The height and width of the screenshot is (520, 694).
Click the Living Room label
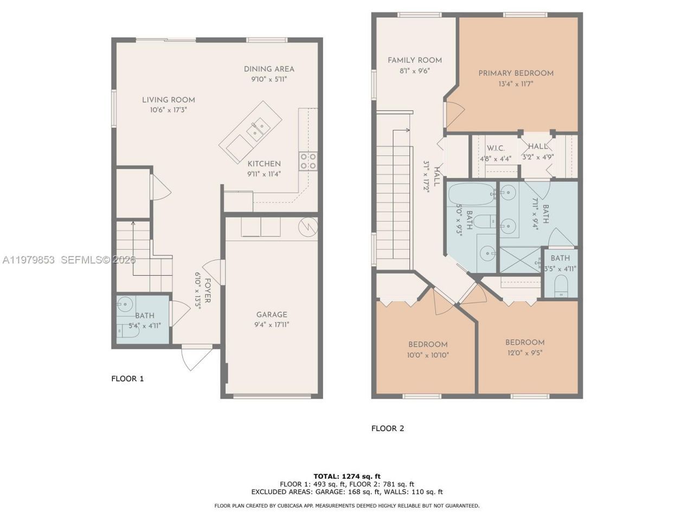169,100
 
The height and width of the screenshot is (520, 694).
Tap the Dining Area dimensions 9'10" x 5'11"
269,79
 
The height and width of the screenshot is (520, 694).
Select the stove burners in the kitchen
308,161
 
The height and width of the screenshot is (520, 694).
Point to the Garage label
272,315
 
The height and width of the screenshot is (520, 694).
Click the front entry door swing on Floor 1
193,358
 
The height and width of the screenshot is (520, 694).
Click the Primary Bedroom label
516,73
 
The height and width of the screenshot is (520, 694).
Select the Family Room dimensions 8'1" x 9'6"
415,70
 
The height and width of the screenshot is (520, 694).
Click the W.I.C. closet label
496,148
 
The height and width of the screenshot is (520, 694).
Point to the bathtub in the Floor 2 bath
471,194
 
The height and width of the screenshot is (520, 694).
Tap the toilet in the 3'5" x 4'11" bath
561,286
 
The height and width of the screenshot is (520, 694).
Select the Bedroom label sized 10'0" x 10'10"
428,344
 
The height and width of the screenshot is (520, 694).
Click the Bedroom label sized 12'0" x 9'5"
525,342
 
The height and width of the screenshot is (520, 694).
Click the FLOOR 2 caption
388,428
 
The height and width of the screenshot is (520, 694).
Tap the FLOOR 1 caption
127,379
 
